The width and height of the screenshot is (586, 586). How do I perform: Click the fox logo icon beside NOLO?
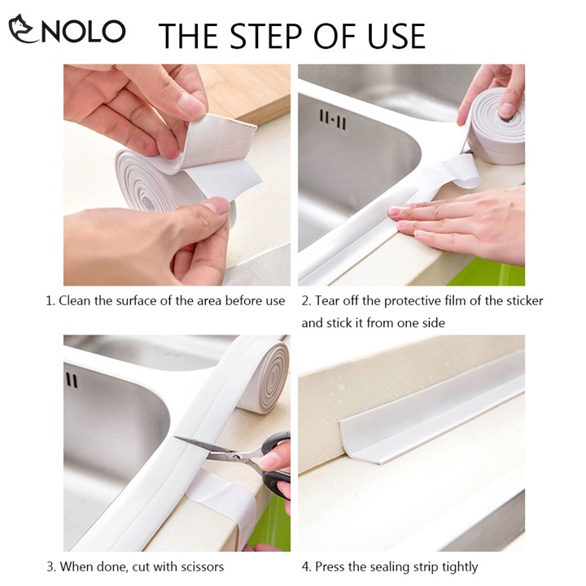coord(23,28)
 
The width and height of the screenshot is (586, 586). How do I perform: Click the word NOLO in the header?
coord(83,32)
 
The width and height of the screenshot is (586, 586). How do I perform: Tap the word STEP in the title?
coord(265,36)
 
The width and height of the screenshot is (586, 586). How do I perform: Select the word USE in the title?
coord(396,36)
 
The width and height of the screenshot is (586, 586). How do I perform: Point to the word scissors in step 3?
coord(202,566)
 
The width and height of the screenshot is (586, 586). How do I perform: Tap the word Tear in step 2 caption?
coord(325,301)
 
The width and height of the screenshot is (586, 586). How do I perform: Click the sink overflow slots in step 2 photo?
coord(333,120)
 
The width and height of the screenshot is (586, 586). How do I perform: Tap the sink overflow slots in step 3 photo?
coord(72,380)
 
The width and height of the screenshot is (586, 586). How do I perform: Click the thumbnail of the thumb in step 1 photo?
coord(217,206)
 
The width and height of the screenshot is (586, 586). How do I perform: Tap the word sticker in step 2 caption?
coord(524,301)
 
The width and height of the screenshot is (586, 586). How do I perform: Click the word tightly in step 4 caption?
coord(460,567)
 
